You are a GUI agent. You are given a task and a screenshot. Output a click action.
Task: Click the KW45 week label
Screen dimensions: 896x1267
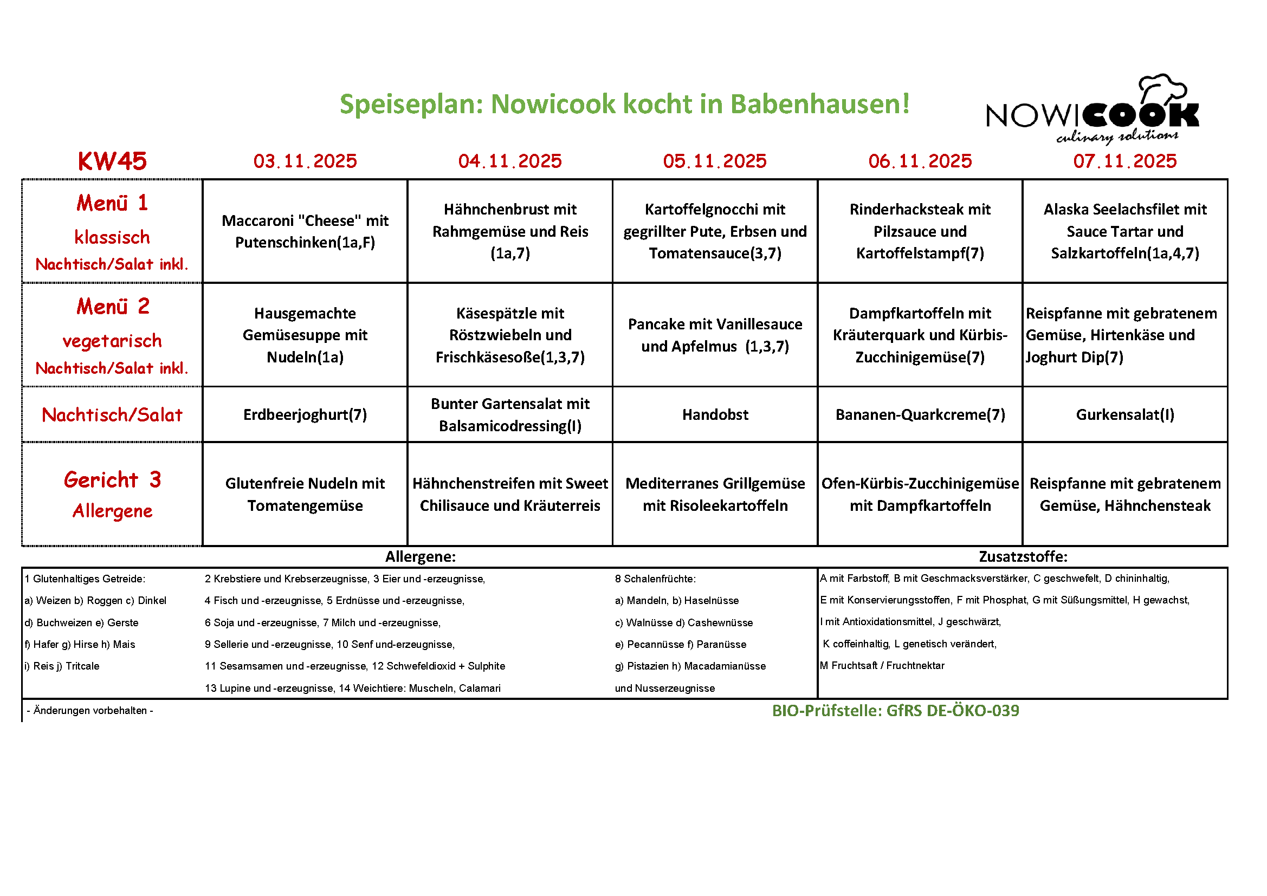click(112, 161)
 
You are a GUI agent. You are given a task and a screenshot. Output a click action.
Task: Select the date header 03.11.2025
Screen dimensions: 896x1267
click(305, 161)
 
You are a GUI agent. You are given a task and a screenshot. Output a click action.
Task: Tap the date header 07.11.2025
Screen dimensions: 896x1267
click(1124, 161)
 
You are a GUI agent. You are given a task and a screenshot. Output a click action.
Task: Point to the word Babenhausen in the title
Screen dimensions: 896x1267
click(820, 103)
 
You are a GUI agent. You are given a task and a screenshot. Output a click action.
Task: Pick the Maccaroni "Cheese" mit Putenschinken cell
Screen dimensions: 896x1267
click(305, 231)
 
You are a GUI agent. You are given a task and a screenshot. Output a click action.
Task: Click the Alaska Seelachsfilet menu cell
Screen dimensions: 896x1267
click(1124, 231)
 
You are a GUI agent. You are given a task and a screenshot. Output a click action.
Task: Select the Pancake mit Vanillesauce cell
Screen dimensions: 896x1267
click(715, 335)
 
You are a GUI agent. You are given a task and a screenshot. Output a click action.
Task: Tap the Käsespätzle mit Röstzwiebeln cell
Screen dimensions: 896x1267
click(510, 335)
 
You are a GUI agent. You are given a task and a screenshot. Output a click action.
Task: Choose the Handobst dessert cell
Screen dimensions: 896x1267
click(715, 414)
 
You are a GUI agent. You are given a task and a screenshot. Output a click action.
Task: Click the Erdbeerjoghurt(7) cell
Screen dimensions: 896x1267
click(305, 414)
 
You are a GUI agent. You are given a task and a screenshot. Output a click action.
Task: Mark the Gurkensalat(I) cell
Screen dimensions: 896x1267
click(1124, 414)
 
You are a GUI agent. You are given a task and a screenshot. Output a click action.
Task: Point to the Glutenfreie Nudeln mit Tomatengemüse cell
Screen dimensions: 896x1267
click(305, 495)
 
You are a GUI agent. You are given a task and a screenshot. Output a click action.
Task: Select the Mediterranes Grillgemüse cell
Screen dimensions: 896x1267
click(715, 495)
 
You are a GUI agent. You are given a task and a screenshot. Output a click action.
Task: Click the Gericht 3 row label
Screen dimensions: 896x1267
click(112, 480)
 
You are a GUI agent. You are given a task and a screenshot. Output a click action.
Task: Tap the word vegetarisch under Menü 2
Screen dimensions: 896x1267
click(112, 341)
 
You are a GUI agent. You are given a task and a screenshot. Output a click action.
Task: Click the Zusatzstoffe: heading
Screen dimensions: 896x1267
click(1023, 556)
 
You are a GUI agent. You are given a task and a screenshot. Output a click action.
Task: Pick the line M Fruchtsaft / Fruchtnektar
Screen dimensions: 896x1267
click(882, 665)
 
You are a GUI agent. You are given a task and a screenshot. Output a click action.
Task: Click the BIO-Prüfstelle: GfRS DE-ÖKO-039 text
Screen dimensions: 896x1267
click(895, 710)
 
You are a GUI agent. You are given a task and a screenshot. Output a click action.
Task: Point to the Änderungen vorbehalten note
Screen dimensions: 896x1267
click(90, 710)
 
